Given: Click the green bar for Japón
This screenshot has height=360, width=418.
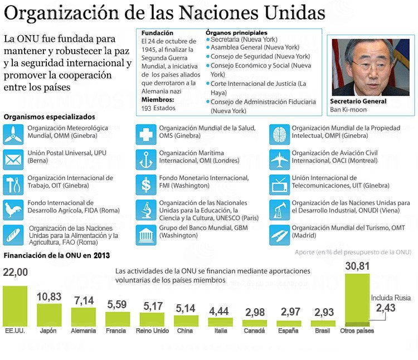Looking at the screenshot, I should (x=49, y=315).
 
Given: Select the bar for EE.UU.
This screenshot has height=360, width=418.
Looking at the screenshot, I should (x=15, y=306).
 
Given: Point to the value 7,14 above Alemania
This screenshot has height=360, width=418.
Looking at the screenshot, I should (x=84, y=300).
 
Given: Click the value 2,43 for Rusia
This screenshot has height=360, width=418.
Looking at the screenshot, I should (x=386, y=308).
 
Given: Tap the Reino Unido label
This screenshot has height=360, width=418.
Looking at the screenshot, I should (x=152, y=330).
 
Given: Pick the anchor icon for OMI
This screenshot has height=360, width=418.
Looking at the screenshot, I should (x=146, y=159).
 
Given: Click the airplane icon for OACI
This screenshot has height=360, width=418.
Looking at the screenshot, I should (x=279, y=159).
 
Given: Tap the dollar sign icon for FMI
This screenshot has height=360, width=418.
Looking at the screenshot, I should (x=146, y=183).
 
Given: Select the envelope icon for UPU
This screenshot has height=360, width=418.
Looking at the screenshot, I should (x=12, y=159).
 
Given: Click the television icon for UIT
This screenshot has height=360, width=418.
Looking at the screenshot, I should (x=279, y=183).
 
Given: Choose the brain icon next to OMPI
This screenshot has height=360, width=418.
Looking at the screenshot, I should (x=279, y=134).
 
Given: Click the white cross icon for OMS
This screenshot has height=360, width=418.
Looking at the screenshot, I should (x=146, y=134).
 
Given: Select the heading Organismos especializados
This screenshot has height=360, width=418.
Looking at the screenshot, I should (x=49, y=117).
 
